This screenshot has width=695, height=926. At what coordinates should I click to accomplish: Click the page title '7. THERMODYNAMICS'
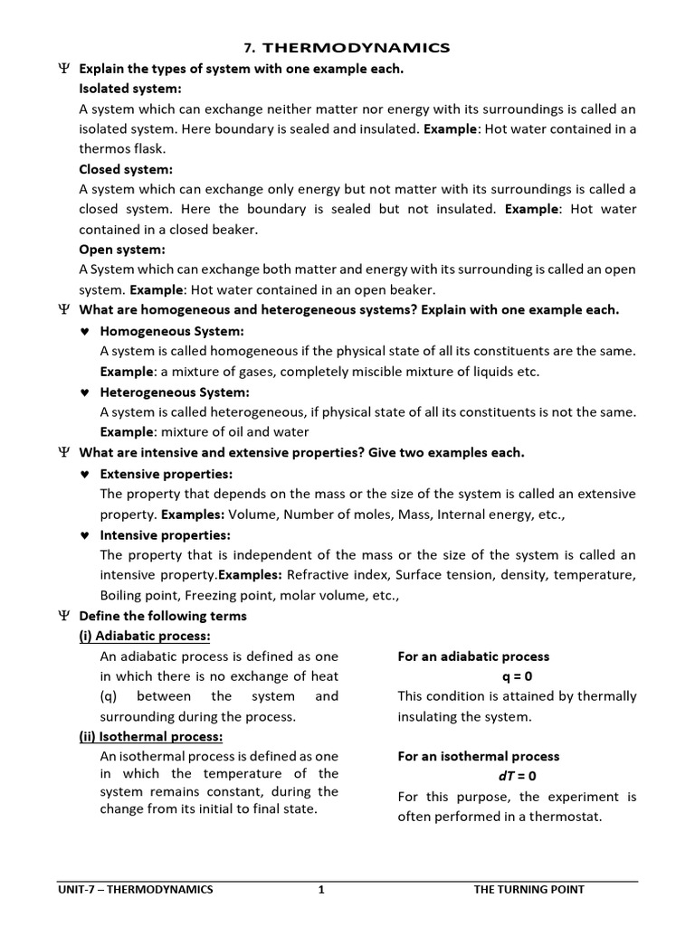(347, 46)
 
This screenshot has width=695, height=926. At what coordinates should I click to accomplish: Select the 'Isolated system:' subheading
(130, 89)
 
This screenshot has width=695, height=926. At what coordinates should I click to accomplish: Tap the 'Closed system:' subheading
(126, 169)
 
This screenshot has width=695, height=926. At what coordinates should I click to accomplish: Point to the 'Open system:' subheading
(122, 250)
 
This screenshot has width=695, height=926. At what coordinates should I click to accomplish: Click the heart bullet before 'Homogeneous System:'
(84, 331)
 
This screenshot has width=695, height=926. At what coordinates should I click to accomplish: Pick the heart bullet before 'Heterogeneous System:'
(84, 392)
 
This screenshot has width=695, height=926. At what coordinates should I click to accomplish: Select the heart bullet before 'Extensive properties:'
(84, 474)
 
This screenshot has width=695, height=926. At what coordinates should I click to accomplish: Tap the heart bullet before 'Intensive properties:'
(84, 535)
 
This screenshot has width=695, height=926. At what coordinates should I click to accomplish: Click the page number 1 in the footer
(320, 889)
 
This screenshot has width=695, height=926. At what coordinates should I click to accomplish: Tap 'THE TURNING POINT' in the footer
(529, 889)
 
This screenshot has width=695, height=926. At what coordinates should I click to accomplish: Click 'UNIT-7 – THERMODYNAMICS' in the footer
(135, 889)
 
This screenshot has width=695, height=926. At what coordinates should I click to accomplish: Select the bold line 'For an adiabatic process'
(473, 657)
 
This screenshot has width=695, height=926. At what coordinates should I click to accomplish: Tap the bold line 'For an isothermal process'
(479, 756)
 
